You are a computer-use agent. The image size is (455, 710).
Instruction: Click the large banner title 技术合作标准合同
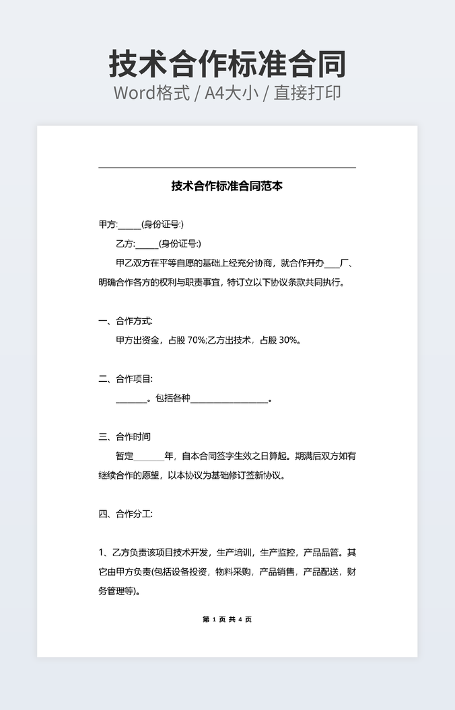228,64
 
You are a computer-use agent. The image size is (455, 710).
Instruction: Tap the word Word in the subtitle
135,93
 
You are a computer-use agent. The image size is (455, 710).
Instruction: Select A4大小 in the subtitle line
232,93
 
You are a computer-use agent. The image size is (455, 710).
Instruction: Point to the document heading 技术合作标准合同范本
227,186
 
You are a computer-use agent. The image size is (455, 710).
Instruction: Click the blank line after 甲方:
130,226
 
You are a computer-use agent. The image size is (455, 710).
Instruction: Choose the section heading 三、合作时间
125,437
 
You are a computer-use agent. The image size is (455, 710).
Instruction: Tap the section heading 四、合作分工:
125,514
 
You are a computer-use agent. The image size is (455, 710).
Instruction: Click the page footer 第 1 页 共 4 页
227,619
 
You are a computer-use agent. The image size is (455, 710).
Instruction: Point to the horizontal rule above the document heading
227,167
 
